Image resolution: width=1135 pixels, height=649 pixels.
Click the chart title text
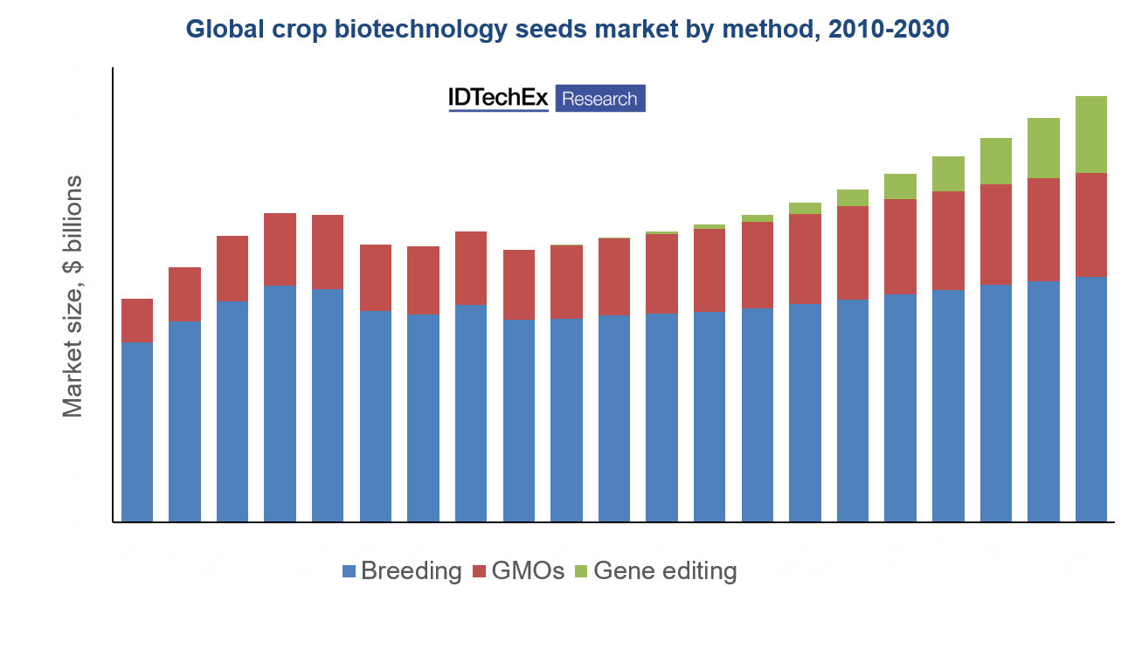tap(567, 30)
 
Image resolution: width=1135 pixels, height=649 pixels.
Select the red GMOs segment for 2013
tap(280, 250)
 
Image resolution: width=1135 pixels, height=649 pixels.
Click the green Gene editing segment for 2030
tap(1091, 135)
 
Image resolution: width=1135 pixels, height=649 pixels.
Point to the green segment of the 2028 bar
tap(996, 162)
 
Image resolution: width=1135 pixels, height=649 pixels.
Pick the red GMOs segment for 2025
tap(853, 253)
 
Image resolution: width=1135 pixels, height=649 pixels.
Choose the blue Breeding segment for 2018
tap(518, 420)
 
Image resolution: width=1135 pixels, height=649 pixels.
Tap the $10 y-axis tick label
tap(76, 421)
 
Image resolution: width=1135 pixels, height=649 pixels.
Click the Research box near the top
tap(599, 99)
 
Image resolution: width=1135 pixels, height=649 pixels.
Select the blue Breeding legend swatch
tap(349, 572)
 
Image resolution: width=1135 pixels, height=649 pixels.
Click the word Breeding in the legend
tap(411, 572)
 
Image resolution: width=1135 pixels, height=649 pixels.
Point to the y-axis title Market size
tap(73, 293)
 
